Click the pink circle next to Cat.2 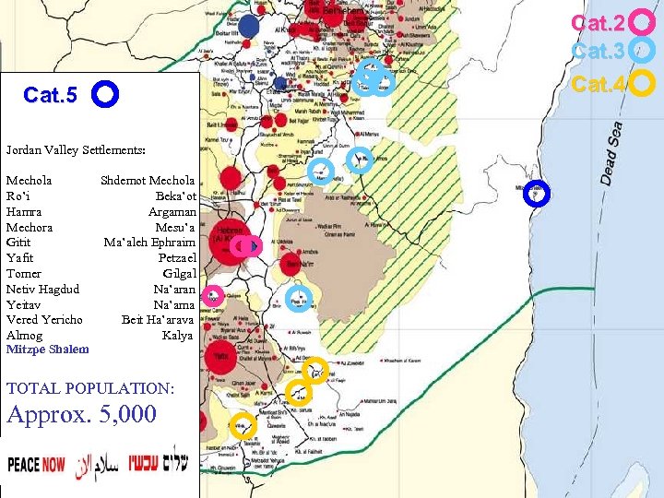(x=643, y=22)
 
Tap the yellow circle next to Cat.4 (x=643, y=84)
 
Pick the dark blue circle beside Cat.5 (x=105, y=94)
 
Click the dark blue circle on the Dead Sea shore (x=536, y=194)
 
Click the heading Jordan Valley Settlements (x=76, y=149)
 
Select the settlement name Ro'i (x=19, y=196)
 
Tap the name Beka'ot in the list (x=174, y=196)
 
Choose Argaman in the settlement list (x=172, y=212)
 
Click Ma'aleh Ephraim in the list (x=149, y=243)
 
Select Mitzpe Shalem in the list (x=48, y=350)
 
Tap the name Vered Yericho (x=44, y=320)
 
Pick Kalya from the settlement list (x=177, y=335)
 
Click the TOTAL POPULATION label (x=90, y=389)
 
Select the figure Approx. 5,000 (x=82, y=414)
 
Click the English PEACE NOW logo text (x=37, y=464)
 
